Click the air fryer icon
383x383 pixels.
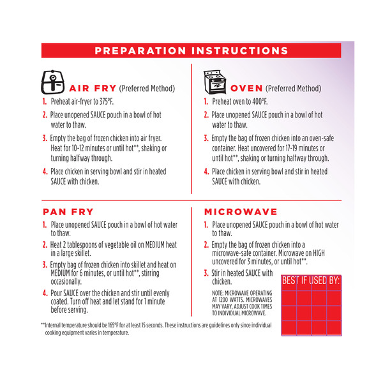53,82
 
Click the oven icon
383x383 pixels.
214,82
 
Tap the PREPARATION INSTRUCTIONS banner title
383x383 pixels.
191,50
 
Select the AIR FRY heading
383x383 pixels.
93,88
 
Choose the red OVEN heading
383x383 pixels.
246,88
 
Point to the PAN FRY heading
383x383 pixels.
68,212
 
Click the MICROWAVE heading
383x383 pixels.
241,212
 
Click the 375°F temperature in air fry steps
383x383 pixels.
106,101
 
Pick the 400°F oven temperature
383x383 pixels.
260,101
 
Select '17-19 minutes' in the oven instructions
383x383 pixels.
305,148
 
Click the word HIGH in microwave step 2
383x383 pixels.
319,253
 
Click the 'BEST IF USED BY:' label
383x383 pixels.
311,280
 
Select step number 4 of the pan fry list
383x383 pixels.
45,293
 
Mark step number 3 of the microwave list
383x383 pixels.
206,273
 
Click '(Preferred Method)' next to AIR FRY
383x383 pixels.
147,89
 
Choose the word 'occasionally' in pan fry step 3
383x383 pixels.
66,282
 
